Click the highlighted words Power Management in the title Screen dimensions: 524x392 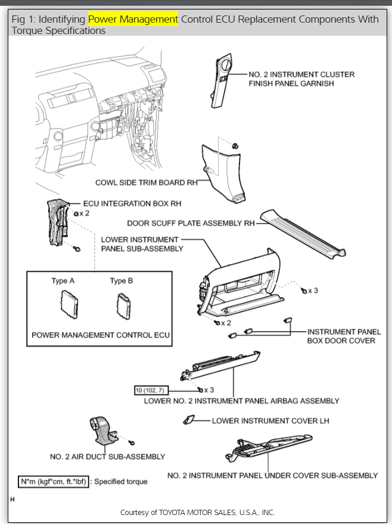pos(133,19)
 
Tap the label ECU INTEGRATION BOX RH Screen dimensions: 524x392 pos(132,204)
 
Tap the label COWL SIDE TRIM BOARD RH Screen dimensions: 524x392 pos(146,183)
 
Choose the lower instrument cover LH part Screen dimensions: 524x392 pos(188,420)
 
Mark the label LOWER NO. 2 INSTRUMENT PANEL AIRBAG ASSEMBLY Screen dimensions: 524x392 pos(241,401)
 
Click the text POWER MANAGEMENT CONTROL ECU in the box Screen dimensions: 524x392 pos(101,335)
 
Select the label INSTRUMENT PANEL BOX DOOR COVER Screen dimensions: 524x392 pos(343,336)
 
